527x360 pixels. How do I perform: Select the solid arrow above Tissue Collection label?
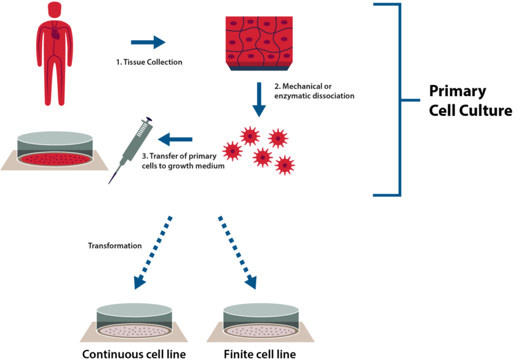(x=148, y=43)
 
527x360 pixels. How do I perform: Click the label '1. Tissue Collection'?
(x=149, y=62)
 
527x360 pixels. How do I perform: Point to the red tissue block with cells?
(x=259, y=40)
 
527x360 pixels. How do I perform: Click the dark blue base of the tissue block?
(x=259, y=68)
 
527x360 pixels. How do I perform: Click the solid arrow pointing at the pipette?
(x=174, y=139)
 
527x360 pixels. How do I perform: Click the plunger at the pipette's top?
(x=150, y=121)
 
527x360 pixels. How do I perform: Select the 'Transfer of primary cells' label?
(x=183, y=160)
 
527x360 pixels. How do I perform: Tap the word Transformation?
(x=115, y=246)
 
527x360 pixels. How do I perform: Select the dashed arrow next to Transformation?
(x=153, y=252)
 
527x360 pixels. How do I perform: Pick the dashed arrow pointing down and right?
(x=237, y=252)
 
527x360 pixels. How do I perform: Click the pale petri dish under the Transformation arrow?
(x=134, y=322)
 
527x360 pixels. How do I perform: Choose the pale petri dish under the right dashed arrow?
(x=260, y=322)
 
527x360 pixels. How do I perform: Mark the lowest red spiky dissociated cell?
(x=285, y=165)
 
